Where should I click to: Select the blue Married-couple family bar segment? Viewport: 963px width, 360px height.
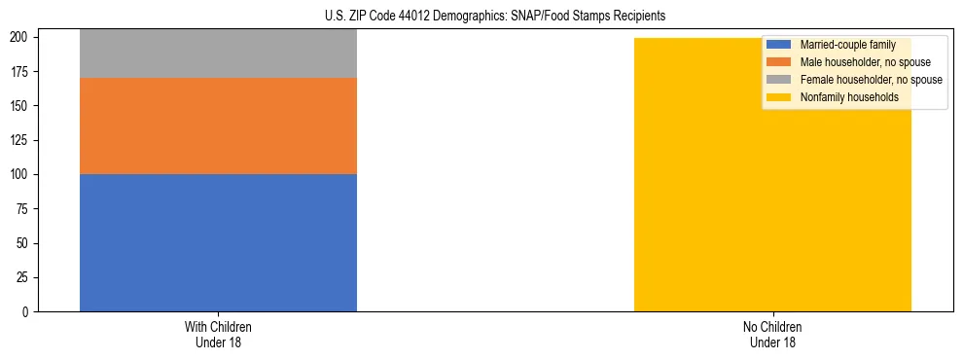pos(218,242)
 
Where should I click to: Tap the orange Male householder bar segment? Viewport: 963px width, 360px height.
pos(218,126)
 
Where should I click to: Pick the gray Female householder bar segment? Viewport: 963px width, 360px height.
pos(218,54)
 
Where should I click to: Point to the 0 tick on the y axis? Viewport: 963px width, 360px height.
pos(29,311)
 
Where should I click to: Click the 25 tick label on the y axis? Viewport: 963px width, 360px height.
pos(26,277)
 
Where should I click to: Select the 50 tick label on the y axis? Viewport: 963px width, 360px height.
pos(26,243)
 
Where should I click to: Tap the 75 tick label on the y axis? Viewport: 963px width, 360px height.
pos(26,208)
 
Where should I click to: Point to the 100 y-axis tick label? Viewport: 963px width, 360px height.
pos(23,174)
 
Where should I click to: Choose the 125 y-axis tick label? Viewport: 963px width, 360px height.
pos(23,140)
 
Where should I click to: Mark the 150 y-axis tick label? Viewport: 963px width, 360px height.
pos(23,106)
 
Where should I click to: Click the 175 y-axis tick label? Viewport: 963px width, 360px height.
pos(23,72)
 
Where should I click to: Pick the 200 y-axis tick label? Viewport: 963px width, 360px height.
pos(23,37)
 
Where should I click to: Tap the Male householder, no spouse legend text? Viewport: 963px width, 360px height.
pos(865,62)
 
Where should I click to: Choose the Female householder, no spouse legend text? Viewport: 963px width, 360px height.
pos(871,80)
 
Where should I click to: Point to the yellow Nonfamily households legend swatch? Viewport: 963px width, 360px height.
pos(779,97)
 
